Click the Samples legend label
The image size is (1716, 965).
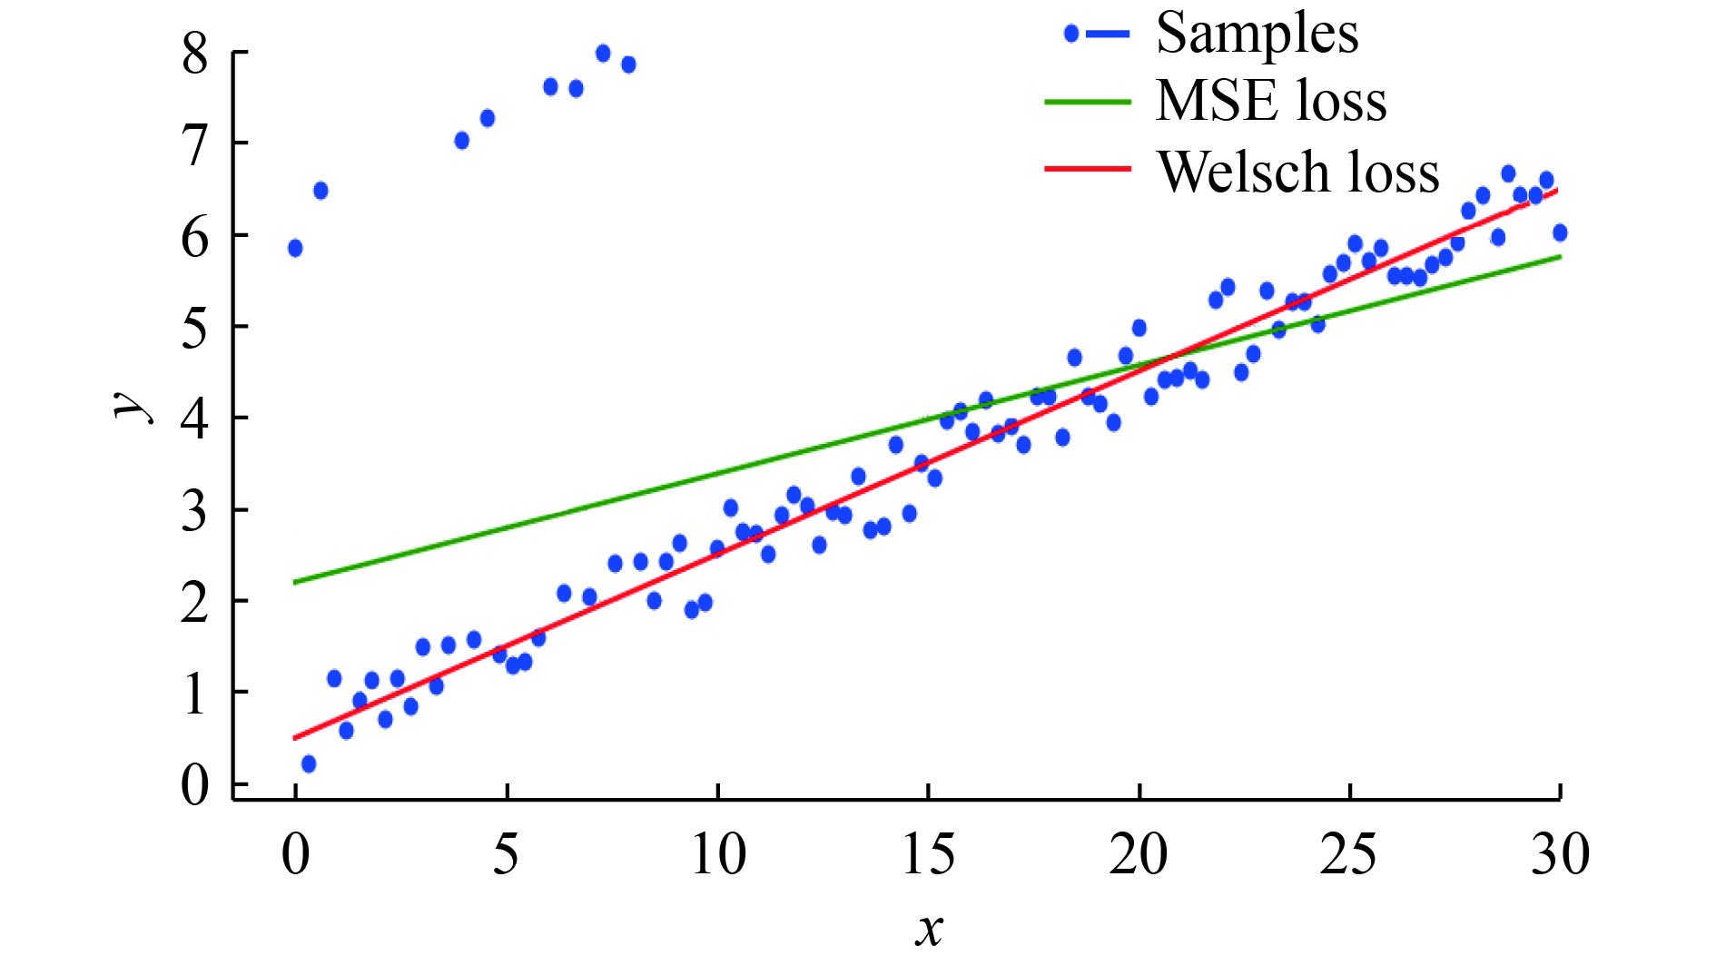(1257, 34)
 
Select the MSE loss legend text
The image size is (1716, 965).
(1271, 101)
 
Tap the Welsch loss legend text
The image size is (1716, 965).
(1298, 172)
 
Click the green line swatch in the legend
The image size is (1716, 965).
(1088, 102)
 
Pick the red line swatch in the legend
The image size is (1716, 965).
(1088, 169)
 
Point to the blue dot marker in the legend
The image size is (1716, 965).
(1071, 34)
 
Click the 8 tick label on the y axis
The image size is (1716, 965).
(195, 55)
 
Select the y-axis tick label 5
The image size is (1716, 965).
(195, 327)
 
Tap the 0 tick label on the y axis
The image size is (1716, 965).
(195, 784)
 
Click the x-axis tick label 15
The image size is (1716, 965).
(928, 854)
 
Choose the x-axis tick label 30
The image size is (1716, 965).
(1560, 854)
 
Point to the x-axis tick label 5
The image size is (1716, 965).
(506, 854)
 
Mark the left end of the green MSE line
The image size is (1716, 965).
(295, 582)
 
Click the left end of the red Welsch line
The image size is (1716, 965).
(295, 738)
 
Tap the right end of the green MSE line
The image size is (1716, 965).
(1560, 257)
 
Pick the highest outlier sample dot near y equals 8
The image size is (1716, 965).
(603, 54)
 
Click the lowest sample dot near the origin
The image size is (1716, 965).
(309, 764)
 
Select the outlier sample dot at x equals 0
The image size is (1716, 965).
(295, 249)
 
